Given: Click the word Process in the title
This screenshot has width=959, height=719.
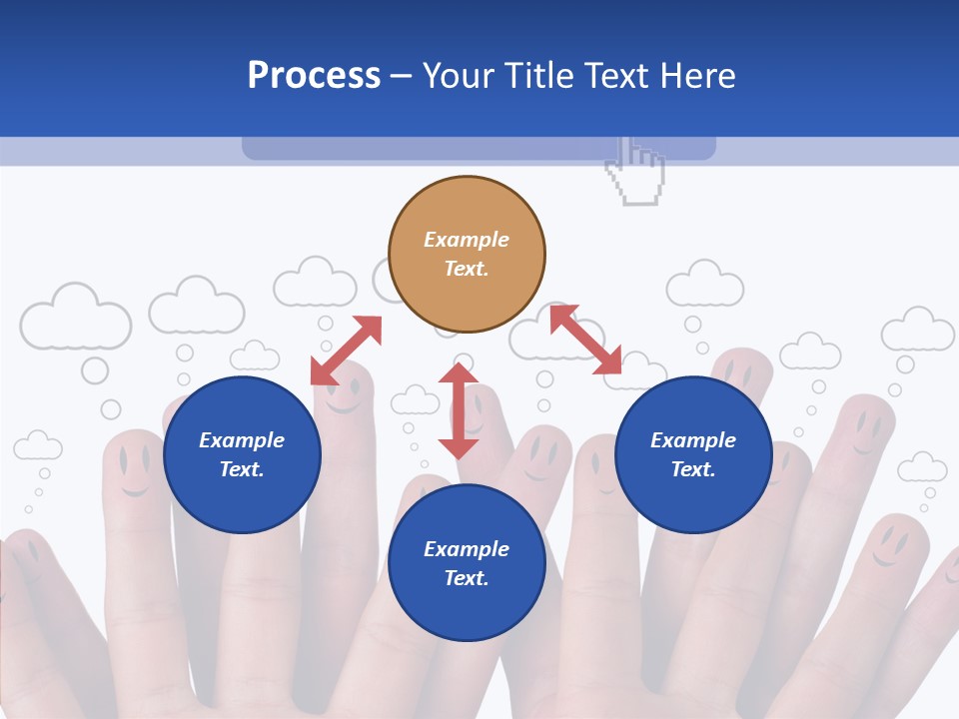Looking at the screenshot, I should pos(314,76).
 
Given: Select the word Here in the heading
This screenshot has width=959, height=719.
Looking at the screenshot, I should pos(696,76).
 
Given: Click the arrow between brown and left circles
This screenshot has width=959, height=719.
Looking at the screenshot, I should pos(346,351).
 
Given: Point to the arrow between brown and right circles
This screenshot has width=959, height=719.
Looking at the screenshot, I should pos(586,341).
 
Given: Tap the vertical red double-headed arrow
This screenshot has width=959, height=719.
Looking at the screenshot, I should pos(459,410).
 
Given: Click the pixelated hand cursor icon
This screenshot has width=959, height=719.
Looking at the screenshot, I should pos(636,172).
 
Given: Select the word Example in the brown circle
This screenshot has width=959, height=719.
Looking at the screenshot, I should pos(467,240).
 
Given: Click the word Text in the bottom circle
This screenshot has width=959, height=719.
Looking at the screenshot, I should pos(466,578).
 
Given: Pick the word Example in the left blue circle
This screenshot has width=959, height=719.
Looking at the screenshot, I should pos(242,440).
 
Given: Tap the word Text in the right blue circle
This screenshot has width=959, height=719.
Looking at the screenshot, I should pos(692,469).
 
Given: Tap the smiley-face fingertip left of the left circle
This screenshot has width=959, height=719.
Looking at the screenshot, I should pos(133,464).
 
